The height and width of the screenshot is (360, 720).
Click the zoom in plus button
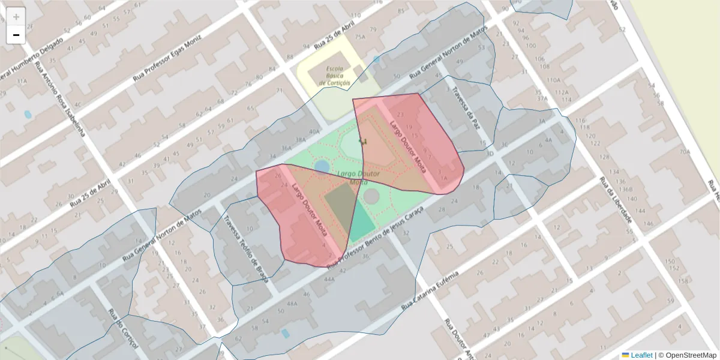(x=16, y=17)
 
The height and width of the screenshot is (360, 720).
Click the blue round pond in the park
(x=322, y=165)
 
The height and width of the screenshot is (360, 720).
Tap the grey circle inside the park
(x=371, y=196)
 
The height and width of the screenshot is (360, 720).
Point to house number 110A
(x=553, y=80)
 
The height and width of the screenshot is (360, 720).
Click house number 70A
(x=685, y=152)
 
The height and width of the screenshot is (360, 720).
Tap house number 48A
(x=292, y=304)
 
